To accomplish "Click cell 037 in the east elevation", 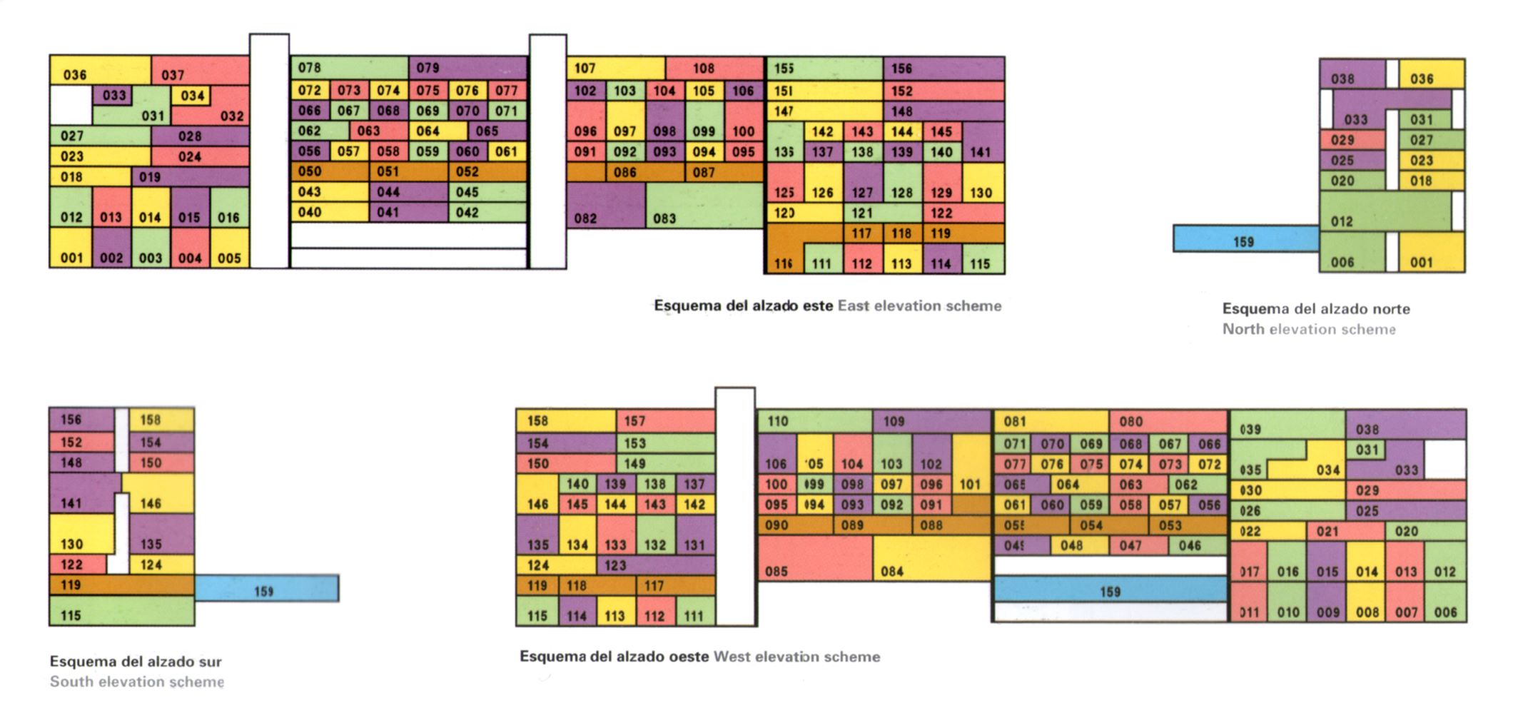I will tap(200, 71).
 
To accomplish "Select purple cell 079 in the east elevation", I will tap(467, 68).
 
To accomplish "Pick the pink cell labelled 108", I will tap(714, 69).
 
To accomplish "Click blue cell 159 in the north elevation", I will tap(1245, 239).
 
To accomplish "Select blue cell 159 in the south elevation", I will tap(267, 588).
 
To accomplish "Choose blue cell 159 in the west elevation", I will tap(1110, 590).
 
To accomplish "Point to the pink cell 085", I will tap(814, 558).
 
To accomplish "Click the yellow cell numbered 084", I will tap(931, 558).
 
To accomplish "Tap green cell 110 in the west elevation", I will tap(814, 421).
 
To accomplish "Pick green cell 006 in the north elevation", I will tap(1352, 253).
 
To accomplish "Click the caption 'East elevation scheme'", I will tap(919, 306).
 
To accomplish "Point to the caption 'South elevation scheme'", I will tap(136, 682).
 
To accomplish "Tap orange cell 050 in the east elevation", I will tap(330, 172).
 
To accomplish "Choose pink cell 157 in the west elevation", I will tap(665, 421).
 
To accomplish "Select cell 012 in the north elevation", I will tap(1385, 211).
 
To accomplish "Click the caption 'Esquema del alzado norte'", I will tap(1316, 309).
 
